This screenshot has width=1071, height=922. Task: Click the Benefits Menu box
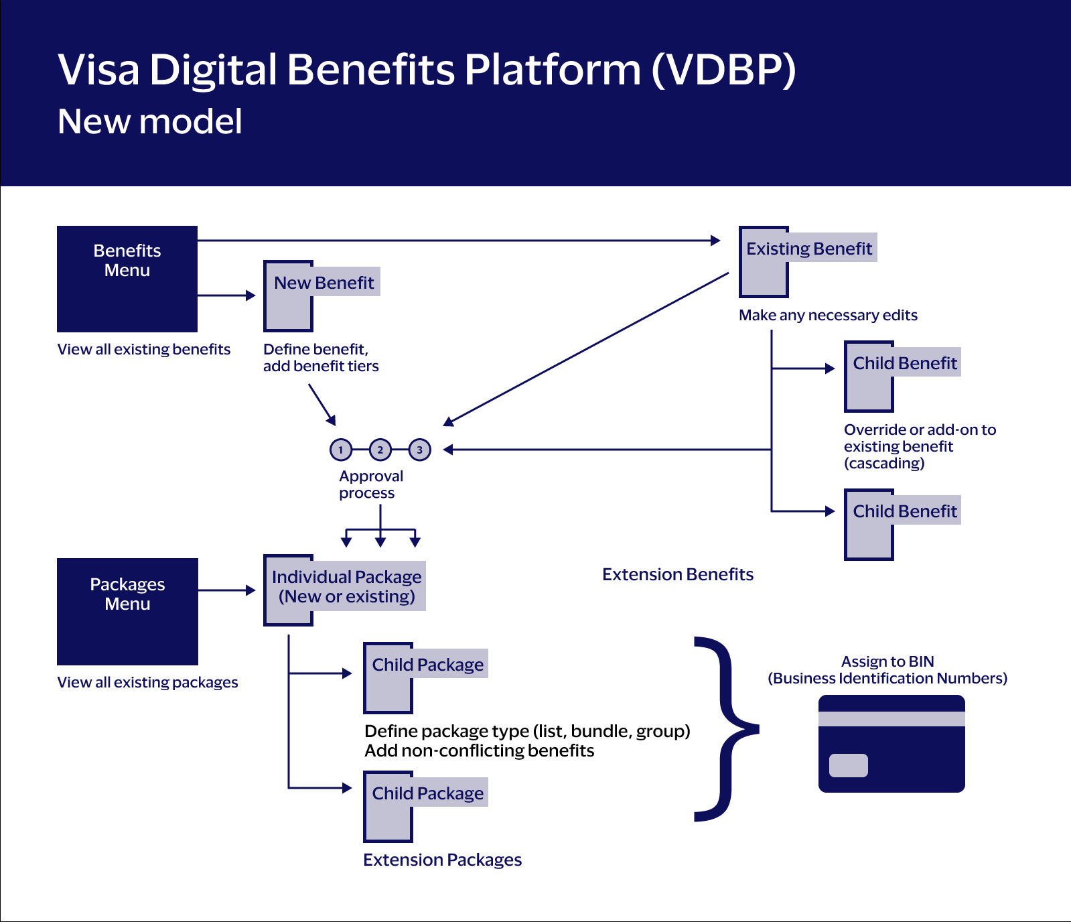(127, 279)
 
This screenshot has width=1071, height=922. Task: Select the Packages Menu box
(127, 611)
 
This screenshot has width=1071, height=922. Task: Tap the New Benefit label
(324, 282)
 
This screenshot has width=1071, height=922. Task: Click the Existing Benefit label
(808, 248)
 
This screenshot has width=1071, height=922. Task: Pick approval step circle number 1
(341, 450)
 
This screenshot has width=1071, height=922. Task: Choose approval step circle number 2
(380, 450)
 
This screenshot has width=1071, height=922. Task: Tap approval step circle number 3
(420, 450)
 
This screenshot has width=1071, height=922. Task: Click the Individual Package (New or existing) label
(346, 586)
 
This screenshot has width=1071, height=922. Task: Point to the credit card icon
(891, 744)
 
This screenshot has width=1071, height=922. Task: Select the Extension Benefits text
(677, 574)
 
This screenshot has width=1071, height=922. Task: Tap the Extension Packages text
(442, 860)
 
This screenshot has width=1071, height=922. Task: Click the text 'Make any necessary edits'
(828, 315)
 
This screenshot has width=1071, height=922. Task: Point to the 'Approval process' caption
(370, 484)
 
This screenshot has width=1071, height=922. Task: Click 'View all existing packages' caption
(147, 682)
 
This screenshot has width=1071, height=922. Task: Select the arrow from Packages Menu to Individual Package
(227, 590)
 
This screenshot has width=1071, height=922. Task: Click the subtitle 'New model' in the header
(150, 121)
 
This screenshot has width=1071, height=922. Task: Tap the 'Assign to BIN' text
(887, 661)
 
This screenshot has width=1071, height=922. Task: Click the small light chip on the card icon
(848, 765)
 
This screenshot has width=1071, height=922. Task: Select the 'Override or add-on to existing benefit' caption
(919, 446)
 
